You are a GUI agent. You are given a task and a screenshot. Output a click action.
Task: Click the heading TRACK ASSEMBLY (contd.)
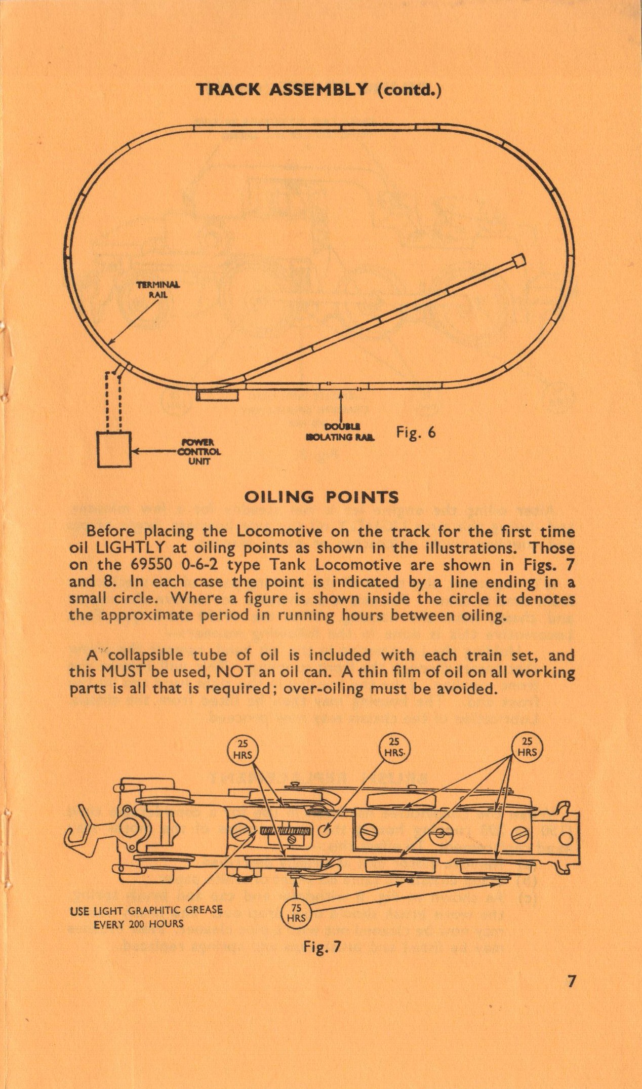click(x=319, y=90)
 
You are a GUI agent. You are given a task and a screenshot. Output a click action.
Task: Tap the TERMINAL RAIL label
click(x=157, y=289)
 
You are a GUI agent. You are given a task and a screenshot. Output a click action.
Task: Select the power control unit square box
click(x=114, y=449)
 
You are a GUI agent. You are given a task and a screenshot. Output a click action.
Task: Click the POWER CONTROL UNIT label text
click(x=199, y=452)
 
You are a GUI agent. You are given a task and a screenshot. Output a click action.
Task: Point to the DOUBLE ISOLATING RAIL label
click(x=341, y=432)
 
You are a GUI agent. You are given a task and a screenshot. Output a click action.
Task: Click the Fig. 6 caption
click(x=416, y=432)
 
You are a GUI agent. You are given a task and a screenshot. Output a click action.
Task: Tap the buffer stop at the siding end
click(x=518, y=262)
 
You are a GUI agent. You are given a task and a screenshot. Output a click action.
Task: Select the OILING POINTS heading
click(x=321, y=497)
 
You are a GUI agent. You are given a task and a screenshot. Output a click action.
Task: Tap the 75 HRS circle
click(x=296, y=913)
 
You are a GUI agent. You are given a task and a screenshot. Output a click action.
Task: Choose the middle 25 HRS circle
click(x=394, y=748)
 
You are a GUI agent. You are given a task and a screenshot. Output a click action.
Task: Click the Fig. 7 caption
click(x=322, y=946)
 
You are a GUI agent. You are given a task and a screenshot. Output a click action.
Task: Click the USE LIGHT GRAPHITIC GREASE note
click(x=146, y=916)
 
